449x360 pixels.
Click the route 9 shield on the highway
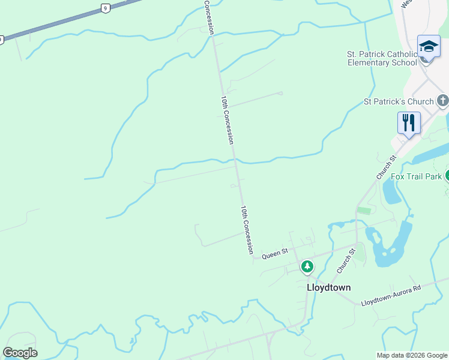coord(105,8)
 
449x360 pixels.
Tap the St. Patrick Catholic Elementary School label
coord(382,58)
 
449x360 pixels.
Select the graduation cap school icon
coord(429,47)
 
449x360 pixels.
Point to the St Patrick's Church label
coord(399,101)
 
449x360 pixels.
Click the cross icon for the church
coord(443,101)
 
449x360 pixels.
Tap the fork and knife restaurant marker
coord(409,122)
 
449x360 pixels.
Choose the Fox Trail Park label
coord(416,176)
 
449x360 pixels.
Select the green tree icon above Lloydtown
coord(307,266)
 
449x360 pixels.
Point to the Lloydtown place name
coord(328,287)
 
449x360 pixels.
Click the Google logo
coord(20,352)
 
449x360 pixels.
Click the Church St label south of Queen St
coord(344,262)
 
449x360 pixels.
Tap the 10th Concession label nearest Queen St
coord(247,230)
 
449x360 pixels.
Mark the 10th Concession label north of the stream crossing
coord(226,120)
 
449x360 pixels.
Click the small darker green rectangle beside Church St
coord(364,211)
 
